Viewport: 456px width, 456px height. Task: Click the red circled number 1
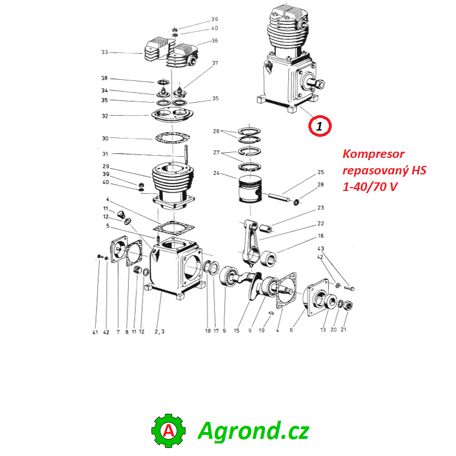tap(319, 126)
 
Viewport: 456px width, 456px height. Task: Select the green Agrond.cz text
tap(253, 431)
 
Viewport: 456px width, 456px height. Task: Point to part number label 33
tap(104, 52)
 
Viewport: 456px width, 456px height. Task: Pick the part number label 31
tap(104, 154)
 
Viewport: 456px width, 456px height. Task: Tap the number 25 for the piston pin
tap(320, 172)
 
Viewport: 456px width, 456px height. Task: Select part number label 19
tap(262, 330)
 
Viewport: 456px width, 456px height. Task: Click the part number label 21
tap(344, 329)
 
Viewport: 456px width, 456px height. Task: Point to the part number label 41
tap(95, 332)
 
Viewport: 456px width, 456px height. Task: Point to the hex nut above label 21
tap(349, 306)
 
